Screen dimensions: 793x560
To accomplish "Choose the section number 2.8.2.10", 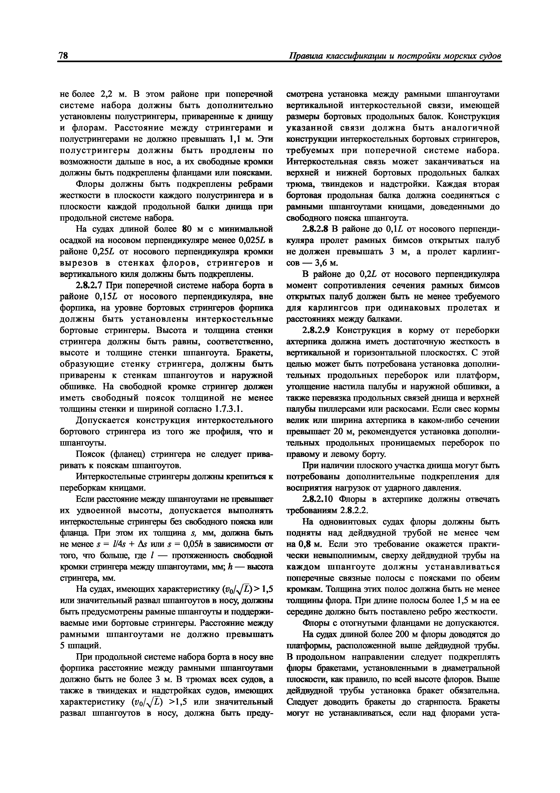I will (318, 499).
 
